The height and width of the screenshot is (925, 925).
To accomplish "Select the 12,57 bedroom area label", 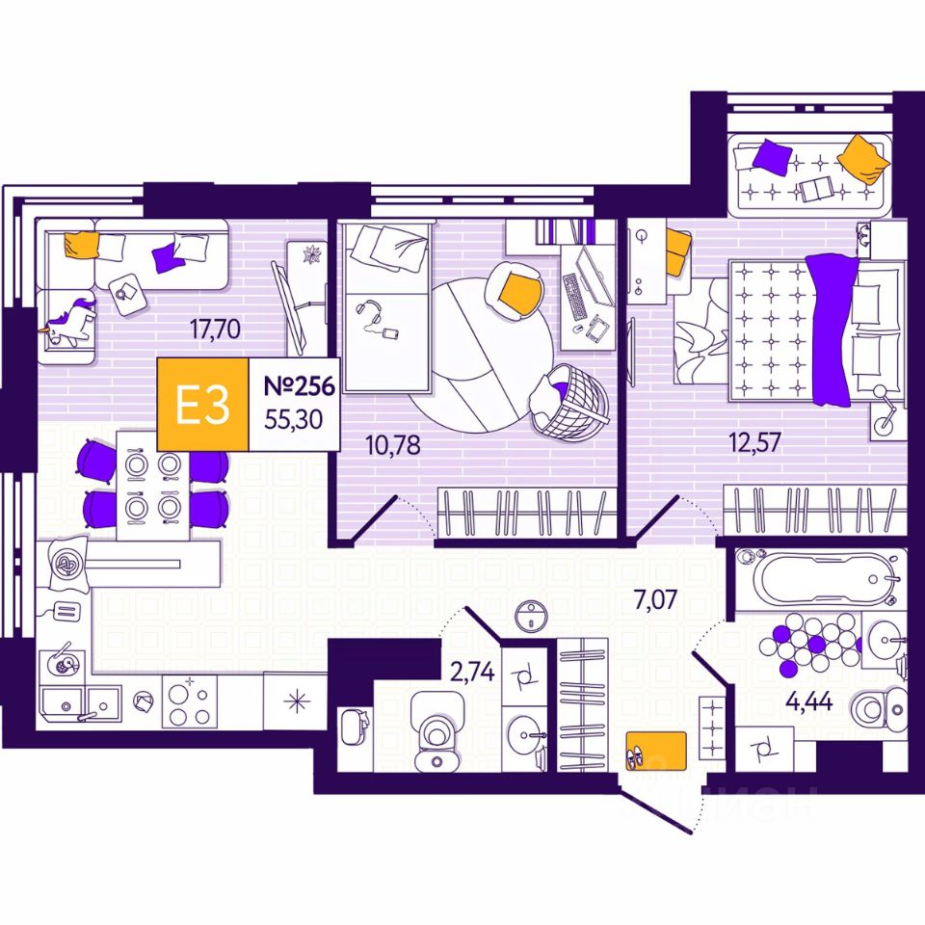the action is pos(754,442).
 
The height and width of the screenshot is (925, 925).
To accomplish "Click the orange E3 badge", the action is pos(202,406).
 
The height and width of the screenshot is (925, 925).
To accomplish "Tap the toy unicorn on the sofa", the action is pos(69,321).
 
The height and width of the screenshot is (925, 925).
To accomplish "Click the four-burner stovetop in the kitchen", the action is pos(189,700).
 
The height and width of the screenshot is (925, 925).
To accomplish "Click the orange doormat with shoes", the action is pos(655,750).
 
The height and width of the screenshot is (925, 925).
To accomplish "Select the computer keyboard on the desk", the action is pos(574,297).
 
